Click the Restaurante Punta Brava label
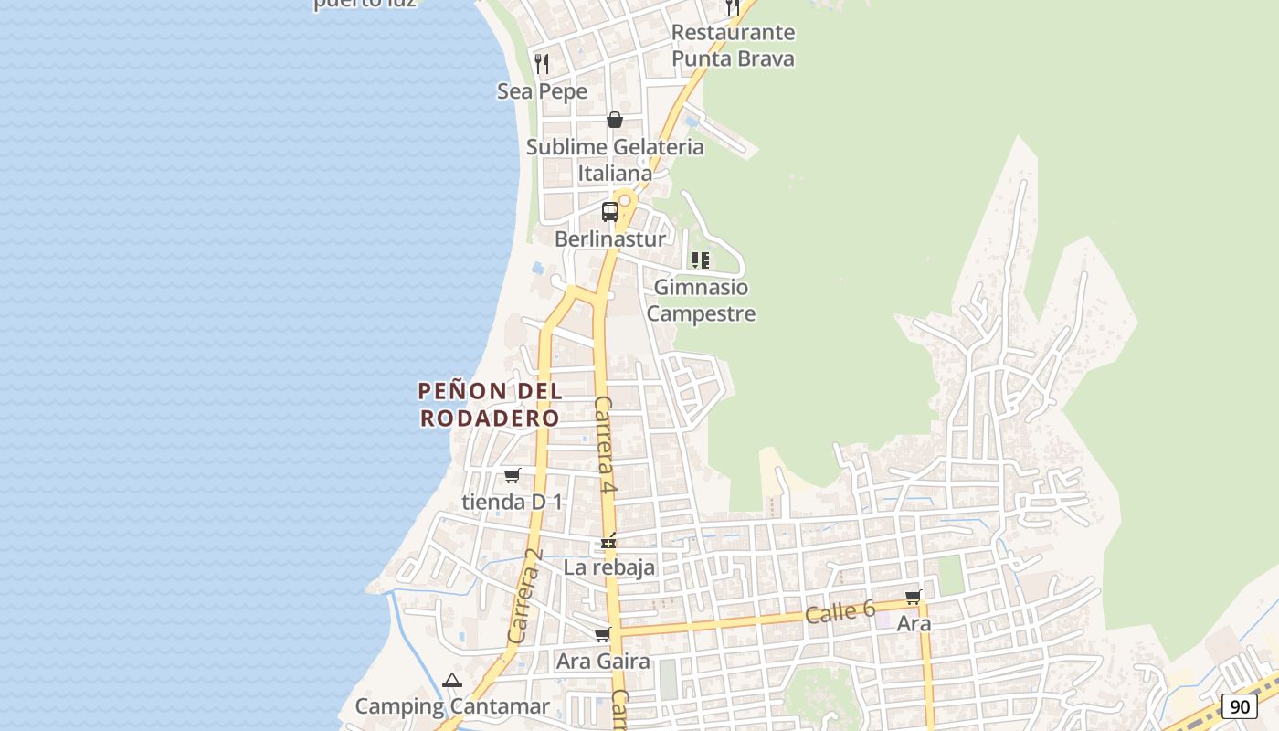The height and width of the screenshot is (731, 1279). (x=733, y=46)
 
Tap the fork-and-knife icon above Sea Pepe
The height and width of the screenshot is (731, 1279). (x=542, y=63)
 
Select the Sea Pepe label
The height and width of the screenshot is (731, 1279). (x=542, y=91)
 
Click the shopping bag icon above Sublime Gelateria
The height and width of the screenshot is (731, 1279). (x=615, y=120)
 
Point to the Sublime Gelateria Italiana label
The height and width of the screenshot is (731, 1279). (x=615, y=160)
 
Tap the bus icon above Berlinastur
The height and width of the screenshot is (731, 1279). (x=610, y=212)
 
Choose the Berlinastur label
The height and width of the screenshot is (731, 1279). (x=610, y=239)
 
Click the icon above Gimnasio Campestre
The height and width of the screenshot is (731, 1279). (x=701, y=260)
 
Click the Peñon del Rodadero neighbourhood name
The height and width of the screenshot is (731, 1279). (x=490, y=404)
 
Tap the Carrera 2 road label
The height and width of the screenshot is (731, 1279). (x=524, y=596)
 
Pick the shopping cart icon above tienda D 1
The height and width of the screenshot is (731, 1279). (x=513, y=475)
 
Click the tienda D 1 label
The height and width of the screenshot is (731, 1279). (x=513, y=502)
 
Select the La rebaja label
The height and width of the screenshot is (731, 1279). (x=609, y=567)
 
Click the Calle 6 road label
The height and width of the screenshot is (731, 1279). (x=840, y=612)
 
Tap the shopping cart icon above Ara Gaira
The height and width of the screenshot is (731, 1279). (x=602, y=634)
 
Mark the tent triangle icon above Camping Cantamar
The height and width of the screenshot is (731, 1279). (x=452, y=680)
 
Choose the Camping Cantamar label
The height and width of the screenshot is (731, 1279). (x=452, y=706)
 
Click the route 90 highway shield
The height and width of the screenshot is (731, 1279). (x=1240, y=706)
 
